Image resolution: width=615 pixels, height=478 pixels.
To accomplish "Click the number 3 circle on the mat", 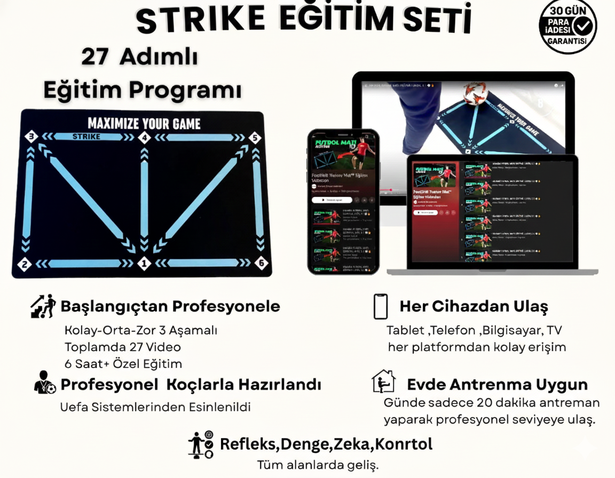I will (x=31, y=137).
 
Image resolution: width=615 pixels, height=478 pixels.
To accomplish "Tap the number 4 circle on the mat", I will (x=144, y=138).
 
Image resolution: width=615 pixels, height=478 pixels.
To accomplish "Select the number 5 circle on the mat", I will (x=255, y=138).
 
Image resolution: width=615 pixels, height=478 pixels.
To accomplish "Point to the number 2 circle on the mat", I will (x=23, y=263).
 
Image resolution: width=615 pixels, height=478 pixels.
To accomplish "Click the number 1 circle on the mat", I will (x=143, y=263).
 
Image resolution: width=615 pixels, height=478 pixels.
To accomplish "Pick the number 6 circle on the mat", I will (x=261, y=263).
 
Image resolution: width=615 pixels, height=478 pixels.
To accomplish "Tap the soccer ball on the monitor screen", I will (x=476, y=93).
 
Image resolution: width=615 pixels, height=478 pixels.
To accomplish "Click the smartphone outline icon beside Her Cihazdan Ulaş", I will (x=380, y=306).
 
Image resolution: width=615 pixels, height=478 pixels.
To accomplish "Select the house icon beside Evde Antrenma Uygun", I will (x=383, y=381).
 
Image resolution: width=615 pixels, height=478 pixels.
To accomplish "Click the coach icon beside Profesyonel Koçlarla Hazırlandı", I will (x=45, y=383).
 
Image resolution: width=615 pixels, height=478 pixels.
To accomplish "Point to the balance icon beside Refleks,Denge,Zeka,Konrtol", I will (x=201, y=444).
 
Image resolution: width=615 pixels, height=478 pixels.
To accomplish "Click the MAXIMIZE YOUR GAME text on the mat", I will (x=144, y=124).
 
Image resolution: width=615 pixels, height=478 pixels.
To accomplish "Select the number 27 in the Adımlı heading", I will (x=95, y=58).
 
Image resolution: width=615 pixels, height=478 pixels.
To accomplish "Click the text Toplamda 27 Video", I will (x=123, y=347).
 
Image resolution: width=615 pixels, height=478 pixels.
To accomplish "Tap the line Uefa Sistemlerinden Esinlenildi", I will (x=155, y=407).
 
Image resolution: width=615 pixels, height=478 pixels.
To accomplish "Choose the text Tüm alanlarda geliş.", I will (x=318, y=465).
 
